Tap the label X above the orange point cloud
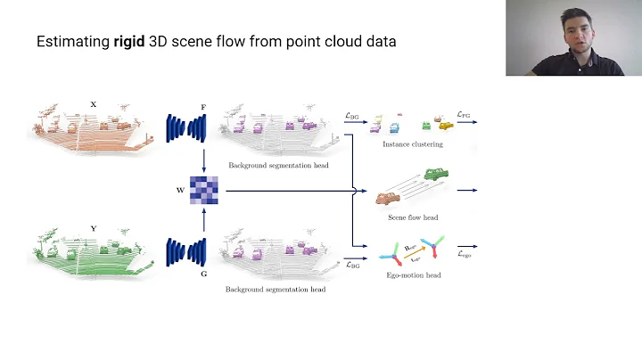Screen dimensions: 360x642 (93, 104)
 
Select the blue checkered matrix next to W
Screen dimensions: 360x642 (203, 190)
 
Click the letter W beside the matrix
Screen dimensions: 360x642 (180, 190)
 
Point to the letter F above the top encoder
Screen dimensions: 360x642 (203, 107)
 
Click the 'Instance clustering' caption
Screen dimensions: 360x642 (411, 143)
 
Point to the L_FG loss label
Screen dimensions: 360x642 (465, 115)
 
